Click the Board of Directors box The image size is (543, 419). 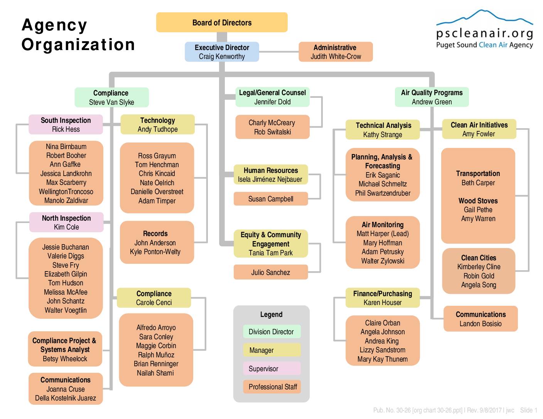[222, 22]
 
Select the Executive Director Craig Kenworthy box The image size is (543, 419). [222, 52]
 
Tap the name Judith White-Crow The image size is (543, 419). [336, 57]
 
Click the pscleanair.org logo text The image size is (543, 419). [484, 34]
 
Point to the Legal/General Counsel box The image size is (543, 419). [272, 97]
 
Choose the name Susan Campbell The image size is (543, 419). [271, 199]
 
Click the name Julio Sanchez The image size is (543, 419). [271, 272]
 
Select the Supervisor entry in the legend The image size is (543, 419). [271, 369]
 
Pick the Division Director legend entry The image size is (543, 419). [271, 332]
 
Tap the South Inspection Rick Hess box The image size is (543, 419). [66, 124]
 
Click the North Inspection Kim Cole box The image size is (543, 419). [66, 222]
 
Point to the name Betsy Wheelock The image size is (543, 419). [65, 359]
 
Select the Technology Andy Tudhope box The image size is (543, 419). [157, 124]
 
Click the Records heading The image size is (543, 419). [155, 233]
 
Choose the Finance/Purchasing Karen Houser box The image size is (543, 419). [383, 298]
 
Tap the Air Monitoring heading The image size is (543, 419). [383, 225]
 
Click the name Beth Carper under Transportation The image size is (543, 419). [478, 183]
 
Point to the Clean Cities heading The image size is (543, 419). [479, 258]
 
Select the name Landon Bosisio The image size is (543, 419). [481, 323]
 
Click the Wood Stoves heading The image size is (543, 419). [478, 201]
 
